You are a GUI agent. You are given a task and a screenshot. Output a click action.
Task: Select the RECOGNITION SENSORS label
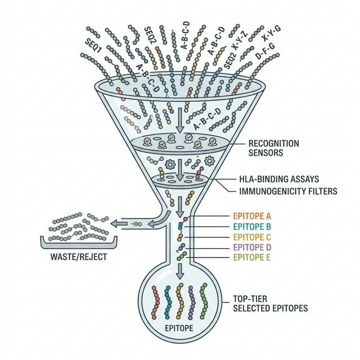(273, 147)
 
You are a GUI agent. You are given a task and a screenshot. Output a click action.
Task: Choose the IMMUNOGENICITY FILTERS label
(285, 191)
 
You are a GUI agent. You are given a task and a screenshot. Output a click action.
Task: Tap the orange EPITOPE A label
(252, 216)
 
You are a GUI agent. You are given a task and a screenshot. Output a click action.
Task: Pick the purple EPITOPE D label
(252, 247)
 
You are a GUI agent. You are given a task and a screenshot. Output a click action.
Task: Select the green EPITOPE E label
(252, 257)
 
